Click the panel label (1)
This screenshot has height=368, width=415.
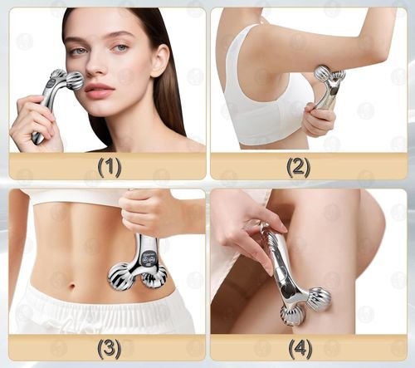click(x=110, y=167)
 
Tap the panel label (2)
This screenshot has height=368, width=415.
click(x=298, y=167)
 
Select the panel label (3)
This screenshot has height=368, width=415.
click(x=110, y=347)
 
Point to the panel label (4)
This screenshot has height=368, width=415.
click(x=300, y=347)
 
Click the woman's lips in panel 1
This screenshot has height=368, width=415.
click(x=100, y=89)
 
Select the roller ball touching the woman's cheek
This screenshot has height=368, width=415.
click(x=75, y=81)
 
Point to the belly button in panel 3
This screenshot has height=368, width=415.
click(x=72, y=285)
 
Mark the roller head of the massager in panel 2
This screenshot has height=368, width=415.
click(x=330, y=73)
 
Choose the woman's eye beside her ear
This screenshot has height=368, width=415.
click(x=120, y=47)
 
